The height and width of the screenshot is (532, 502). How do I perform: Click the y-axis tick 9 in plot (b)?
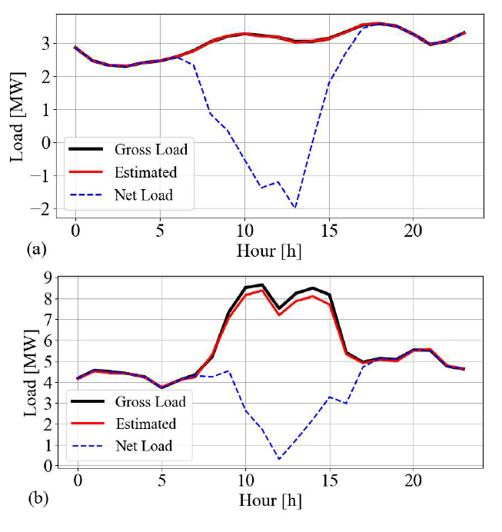[x=49, y=278]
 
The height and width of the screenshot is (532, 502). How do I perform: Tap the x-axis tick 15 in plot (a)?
[x=328, y=231]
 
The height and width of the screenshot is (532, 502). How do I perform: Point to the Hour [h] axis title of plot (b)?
[x=271, y=500]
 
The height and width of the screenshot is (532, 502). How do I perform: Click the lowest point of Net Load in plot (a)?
[x=294, y=208]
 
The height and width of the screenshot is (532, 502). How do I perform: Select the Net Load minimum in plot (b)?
[x=278, y=459]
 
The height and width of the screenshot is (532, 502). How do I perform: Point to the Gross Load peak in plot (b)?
[x=262, y=285]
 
